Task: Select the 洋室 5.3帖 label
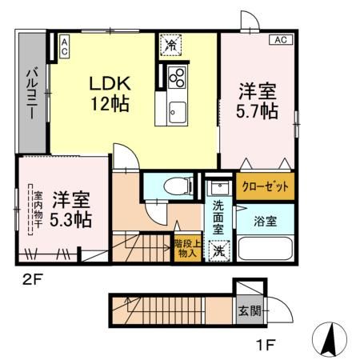tap(71, 207)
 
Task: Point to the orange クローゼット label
tap(265, 186)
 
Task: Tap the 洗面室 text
tap(218, 217)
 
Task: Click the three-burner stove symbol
tap(176, 77)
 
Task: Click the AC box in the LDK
tap(64, 46)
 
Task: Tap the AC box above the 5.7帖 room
tap(282, 38)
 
